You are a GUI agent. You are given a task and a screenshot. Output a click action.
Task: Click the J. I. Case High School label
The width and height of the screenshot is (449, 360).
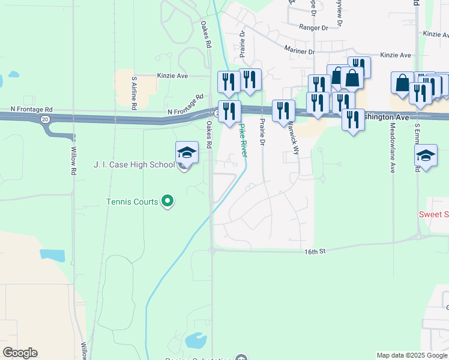click(x=133, y=164)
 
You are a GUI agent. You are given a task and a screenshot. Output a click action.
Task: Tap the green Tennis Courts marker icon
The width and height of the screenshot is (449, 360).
click(x=168, y=202)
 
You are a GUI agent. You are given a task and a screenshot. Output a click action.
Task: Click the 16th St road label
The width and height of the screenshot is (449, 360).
click(x=313, y=251)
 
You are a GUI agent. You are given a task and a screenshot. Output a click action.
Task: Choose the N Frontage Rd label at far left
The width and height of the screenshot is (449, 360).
click(x=31, y=110)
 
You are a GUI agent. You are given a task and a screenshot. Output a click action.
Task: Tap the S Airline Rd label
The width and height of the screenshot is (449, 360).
click(x=134, y=93)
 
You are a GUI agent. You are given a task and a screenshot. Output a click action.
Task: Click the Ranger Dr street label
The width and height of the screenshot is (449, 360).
click(x=312, y=27)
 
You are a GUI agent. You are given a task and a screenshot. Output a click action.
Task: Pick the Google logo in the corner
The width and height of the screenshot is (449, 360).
click(x=20, y=353)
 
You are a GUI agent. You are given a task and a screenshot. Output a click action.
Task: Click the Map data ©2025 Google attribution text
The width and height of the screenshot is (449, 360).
click(x=412, y=355)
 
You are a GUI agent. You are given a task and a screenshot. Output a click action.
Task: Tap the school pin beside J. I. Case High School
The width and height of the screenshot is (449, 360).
click(x=187, y=153)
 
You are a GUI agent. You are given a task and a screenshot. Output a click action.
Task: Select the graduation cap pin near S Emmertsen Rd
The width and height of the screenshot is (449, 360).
click(x=426, y=155)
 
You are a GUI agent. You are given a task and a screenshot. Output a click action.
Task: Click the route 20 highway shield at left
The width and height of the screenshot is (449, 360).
click(x=45, y=119)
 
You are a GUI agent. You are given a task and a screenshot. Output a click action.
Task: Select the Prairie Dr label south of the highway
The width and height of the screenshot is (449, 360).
click(x=262, y=131)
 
